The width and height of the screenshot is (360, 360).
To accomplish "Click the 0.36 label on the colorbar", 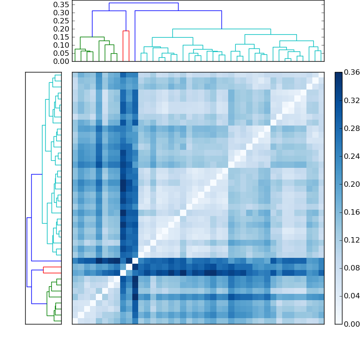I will coord(351,72).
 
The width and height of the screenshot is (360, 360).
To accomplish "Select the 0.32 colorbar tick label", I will coord(351,100).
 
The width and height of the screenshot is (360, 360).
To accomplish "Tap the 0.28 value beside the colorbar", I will coord(351,128).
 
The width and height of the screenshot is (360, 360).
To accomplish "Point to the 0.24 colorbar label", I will coord(351,156).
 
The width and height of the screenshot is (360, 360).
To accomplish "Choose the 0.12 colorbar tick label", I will coord(351,240).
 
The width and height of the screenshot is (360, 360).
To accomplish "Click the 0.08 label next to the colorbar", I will coord(351,268).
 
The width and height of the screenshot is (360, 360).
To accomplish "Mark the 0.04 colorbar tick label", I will coord(351,296).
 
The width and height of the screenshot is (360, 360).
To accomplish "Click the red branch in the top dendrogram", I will coord(126,31).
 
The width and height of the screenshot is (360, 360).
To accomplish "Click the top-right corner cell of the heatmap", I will coord(321,75).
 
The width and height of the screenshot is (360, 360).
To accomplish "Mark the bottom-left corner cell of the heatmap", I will coord(75,321).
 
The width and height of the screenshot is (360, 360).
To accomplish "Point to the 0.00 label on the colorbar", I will coord(351,324).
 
